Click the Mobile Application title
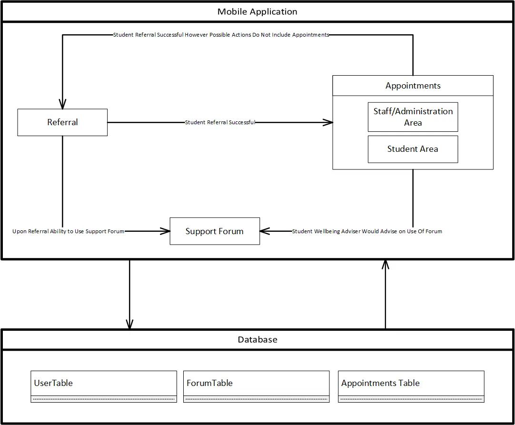point(257,12)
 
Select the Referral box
point(62,122)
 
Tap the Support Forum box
point(215,231)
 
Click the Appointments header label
point(413,86)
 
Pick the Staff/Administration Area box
point(413,117)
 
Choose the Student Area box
point(413,149)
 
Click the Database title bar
point(257,340)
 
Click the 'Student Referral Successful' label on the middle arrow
point(220,122)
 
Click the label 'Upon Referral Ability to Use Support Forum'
point(68,231)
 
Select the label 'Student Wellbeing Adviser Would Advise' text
point(367,231)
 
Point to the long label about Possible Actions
point(221,35)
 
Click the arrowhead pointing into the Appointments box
point(328,122)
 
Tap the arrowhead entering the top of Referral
point(62,104)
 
